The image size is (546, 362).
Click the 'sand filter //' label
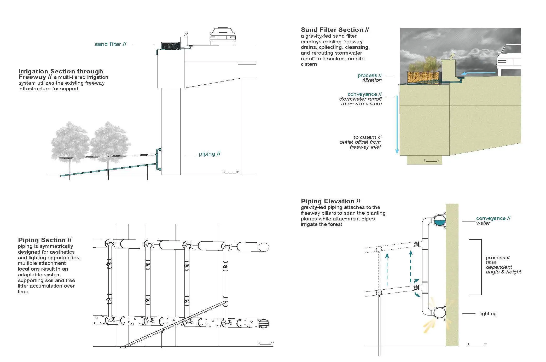point(111,44)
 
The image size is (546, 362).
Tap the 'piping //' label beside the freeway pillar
point(210,154)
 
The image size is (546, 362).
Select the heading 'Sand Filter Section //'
point(335,30)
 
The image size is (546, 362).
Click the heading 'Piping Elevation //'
point(330,201)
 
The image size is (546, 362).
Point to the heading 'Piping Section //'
point(45,240)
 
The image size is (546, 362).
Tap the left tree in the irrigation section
point(70,146)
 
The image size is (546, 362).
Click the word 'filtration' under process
point(372,80)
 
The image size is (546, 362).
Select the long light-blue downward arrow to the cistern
point(397,125)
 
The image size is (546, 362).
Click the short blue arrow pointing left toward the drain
point(478,73)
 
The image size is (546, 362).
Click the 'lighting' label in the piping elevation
point(488,314)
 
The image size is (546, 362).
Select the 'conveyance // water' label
point(493,221)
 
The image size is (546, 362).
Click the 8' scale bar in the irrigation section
point(231,172)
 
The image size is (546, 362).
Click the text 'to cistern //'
point(367,137)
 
